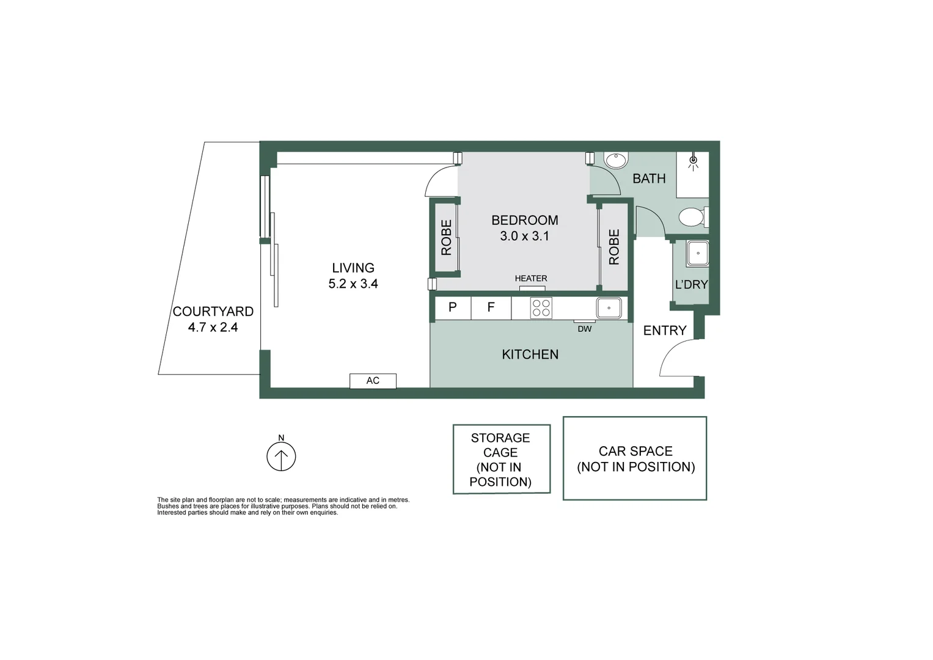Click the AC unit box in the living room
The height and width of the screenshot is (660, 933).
[373, 381]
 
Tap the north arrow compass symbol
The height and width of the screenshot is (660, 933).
[281, 456]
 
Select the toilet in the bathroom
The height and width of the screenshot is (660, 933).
[693, 217]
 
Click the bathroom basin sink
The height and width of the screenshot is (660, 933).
[615, 160]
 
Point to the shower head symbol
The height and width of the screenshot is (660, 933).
[693, 162]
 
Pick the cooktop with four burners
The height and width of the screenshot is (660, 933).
[541, 308]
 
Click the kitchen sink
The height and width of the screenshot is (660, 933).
[609, 308]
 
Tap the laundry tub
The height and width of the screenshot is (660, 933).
[698, 253]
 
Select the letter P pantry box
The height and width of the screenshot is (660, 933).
[453, 307]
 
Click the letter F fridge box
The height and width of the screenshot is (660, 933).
[491, 307]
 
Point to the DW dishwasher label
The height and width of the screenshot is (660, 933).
[585, 329]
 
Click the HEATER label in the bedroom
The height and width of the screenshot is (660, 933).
[531, 278]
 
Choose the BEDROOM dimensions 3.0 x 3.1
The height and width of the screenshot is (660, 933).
[524, 236]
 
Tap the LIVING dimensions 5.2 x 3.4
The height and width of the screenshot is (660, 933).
[353, 284]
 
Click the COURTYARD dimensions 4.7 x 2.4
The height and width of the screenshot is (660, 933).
[213, 327]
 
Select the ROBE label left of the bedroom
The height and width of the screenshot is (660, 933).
[447, 237]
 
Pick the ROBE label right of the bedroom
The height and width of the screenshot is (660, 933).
[614, 247]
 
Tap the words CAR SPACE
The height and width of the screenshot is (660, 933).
[635, 451]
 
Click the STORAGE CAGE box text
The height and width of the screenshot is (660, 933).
[500, 460]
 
